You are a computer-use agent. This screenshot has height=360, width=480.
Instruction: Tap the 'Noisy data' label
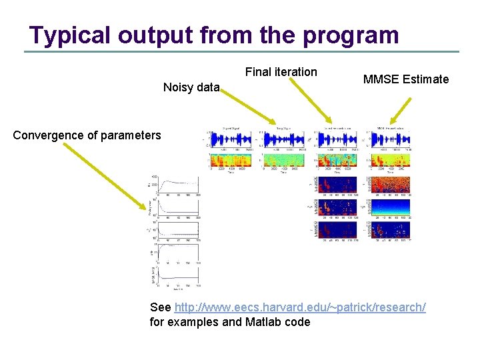click(x=191, y=87)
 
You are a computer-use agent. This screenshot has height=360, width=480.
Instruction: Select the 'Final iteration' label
click(x=281, y=72)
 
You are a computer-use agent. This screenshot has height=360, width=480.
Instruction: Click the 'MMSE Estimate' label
click(x=406, y=79)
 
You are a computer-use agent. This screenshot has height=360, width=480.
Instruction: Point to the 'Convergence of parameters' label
click(x=87, y=135)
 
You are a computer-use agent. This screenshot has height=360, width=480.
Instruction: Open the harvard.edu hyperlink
click(x=299, y=307)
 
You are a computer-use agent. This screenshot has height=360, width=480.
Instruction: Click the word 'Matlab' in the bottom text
click(x=257, y=322)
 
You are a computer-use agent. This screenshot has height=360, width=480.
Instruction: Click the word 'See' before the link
click(x=160, y=307)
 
